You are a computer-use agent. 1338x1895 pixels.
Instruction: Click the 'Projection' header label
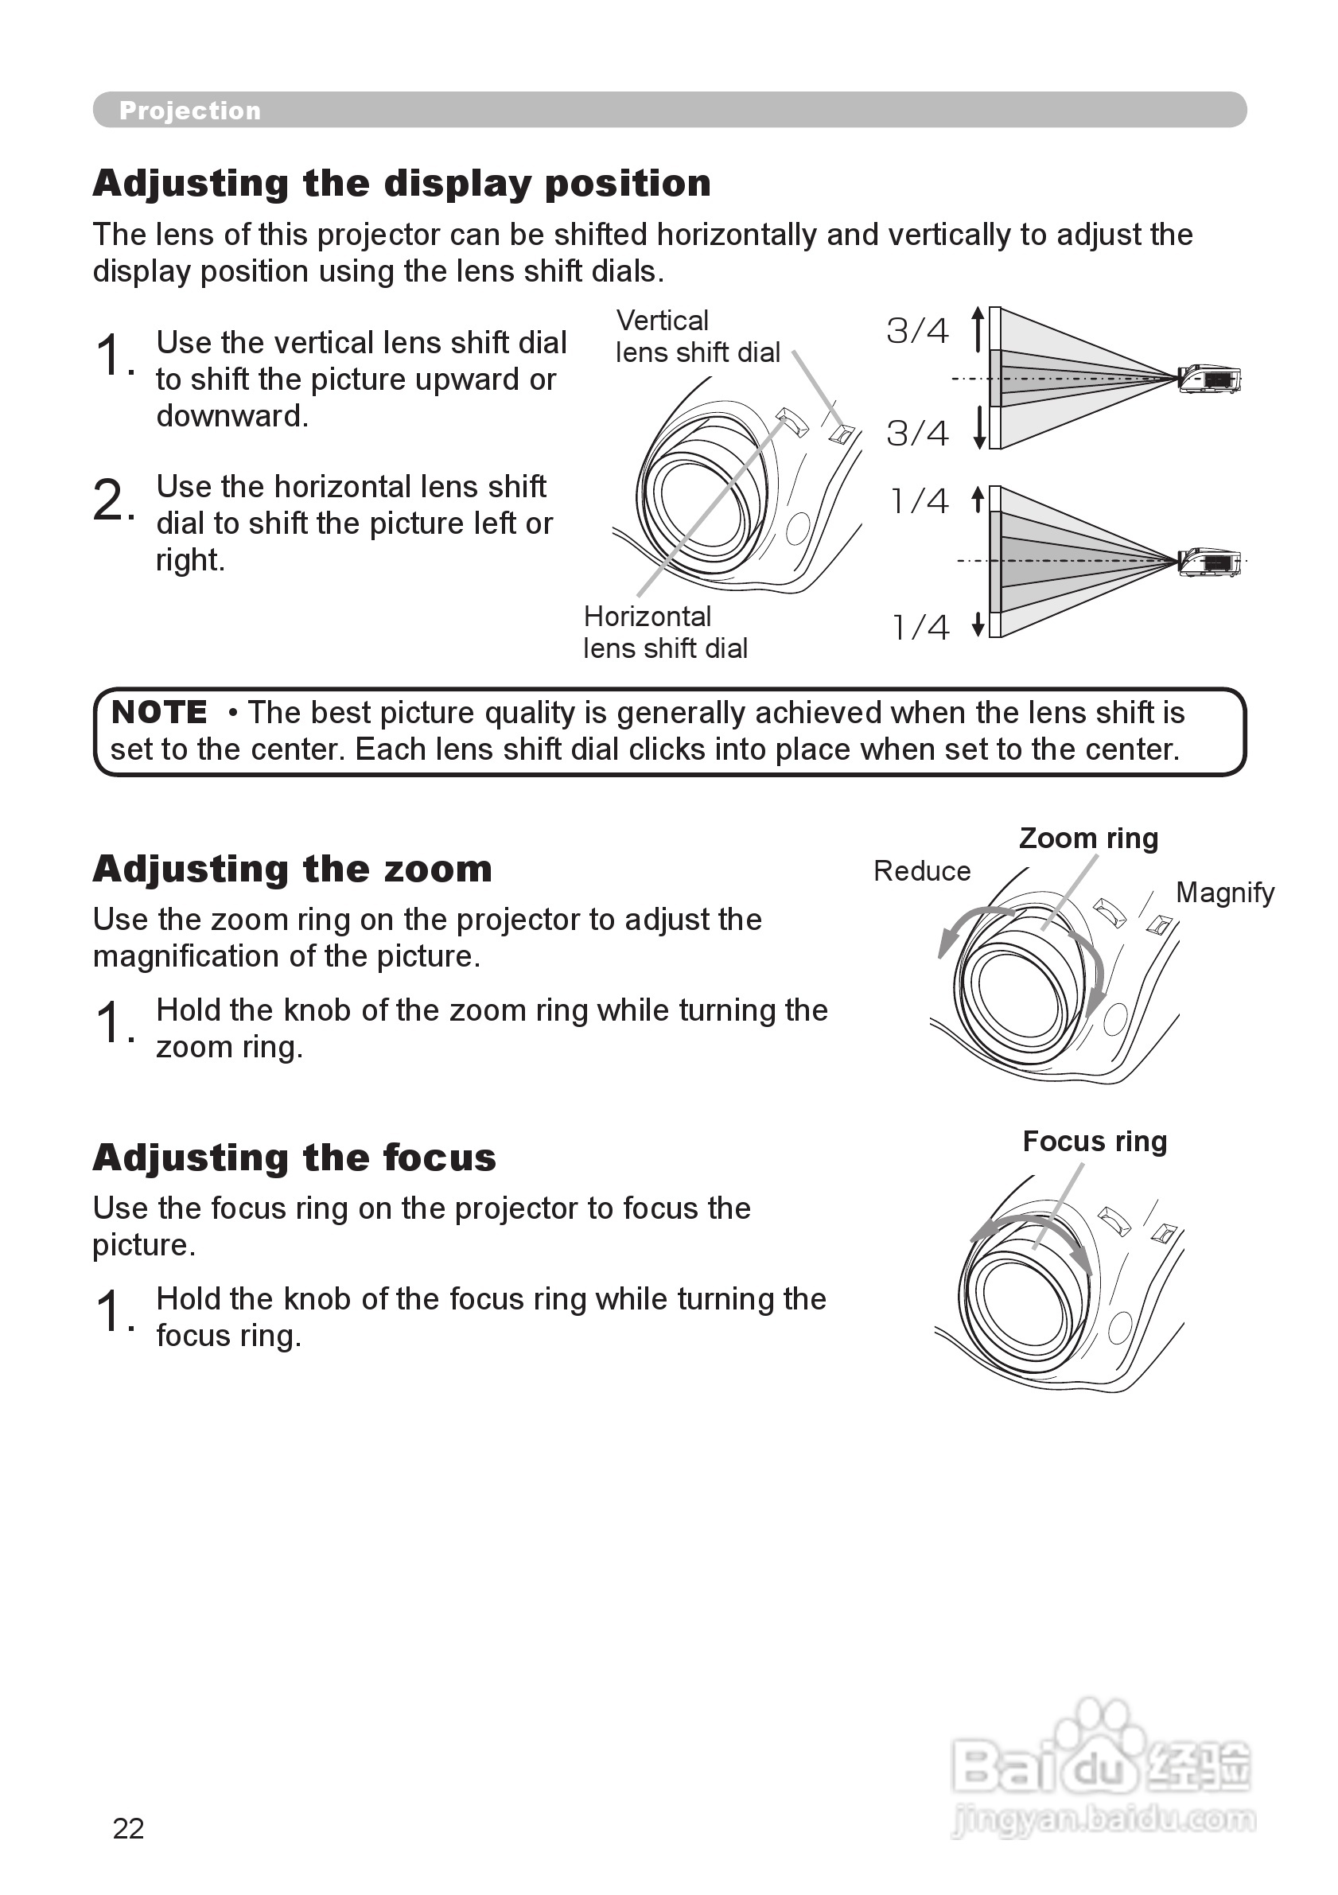coord(190,111)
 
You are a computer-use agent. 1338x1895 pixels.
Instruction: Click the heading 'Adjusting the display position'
coord(402,183)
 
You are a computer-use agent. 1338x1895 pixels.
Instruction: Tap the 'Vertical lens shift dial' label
coord(698,337)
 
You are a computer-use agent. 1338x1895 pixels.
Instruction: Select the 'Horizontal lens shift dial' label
coord(665,632)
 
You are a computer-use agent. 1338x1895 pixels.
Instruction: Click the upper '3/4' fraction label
coord(917,331)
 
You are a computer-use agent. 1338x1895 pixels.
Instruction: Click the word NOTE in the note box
coord(159,712)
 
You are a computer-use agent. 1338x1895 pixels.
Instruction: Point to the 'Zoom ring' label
coord(1088,839)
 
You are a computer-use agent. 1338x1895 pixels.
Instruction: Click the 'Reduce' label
coord(922,872)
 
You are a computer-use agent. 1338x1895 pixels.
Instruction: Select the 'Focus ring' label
coord(1095,1142)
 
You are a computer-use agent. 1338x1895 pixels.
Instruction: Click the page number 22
coord(129,1829)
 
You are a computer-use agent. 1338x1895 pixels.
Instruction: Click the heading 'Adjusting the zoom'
coord(292,869)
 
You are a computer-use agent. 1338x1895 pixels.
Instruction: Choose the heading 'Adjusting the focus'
coord(294,1158)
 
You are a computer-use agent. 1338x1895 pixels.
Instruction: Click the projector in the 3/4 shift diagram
coord(1210,379)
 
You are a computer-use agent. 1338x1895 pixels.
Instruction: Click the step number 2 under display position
coord(110,500)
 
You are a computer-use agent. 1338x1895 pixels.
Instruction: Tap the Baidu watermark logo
coord(1103,1768)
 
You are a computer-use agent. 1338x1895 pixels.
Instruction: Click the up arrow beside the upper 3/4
coord(978,328)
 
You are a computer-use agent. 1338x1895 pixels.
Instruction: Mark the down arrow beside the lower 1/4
coord(978,625)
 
